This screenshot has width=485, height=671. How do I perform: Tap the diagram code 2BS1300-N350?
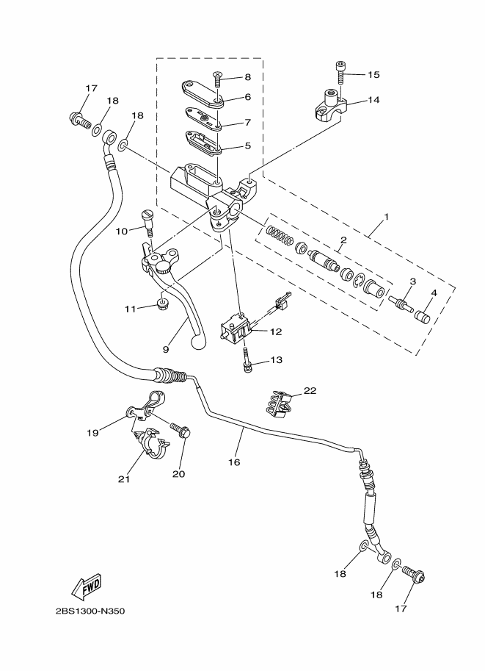click(x=90, y=611)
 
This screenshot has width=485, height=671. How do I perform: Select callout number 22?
click(x=310, y=391)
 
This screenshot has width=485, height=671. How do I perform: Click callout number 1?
click(x=386, y=217)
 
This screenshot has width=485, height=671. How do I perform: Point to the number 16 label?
click(x=234, y=462)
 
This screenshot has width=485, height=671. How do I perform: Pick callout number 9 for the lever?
click(x=166, y=349)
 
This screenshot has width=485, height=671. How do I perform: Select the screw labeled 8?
click(x=218, y=80)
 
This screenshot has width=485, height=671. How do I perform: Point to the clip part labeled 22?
click(x=279, y=404)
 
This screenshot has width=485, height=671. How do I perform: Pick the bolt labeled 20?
click(x=180, y=430)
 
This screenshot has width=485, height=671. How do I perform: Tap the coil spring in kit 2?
click(x=280, y=237)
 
